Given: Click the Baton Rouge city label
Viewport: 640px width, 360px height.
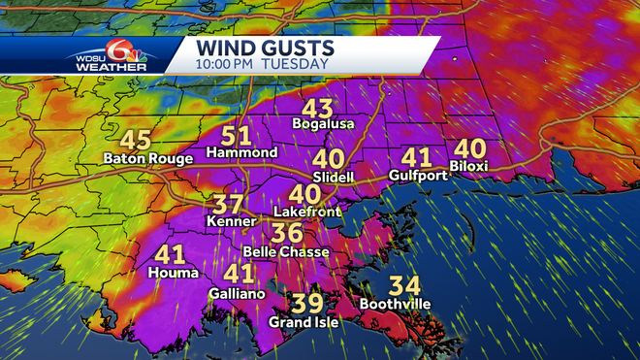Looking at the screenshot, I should click(x=148, y=158).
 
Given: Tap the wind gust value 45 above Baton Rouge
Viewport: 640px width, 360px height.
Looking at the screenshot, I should click(x=136, y=139).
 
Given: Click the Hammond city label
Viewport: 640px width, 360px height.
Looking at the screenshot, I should click(x=242, y=153).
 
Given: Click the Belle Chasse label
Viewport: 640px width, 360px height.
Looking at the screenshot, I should click(x=286, y=252).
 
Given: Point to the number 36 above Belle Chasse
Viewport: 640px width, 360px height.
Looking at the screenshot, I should click(x=286, y=234).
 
